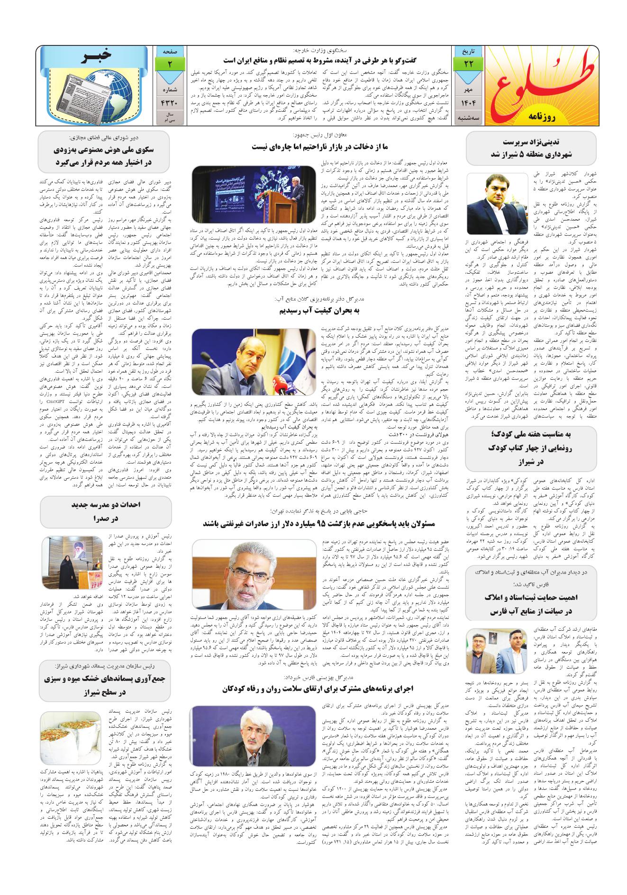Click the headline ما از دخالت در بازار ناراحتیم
(x=325, y=147)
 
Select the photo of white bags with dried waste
(x=71, y=734)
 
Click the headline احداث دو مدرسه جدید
(x=106, y=512)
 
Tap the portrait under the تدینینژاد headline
(x=497, y=204)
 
